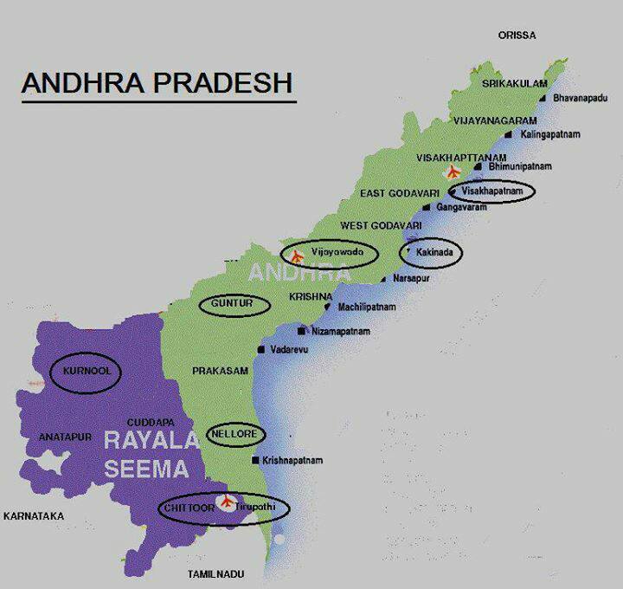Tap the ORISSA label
[x=517, y=36]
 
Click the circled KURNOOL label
[x=84, y=372]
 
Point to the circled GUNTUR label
[x=232, y=304]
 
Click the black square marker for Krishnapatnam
[x=254, y=461]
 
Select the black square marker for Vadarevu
[x=260, y=350]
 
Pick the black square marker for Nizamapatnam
[x=301, y=332]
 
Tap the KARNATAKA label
[x=34, y=516]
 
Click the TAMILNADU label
[x=216, y=574]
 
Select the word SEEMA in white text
[x=146, y=470]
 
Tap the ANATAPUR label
[x=65, y=438]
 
